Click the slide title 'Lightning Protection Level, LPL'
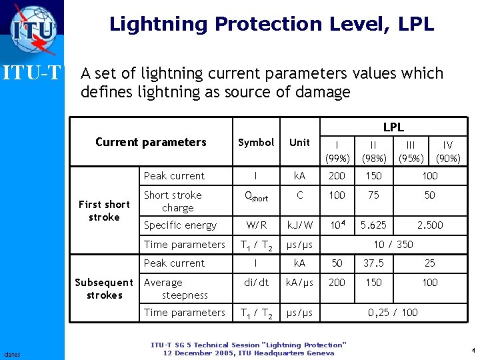(271, 25)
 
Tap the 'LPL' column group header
(393, 127)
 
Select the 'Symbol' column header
(256, 143)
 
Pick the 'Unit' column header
(299, 143)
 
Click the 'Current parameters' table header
(151, 142)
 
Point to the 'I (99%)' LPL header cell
(337, 151)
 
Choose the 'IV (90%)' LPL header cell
(448, 151)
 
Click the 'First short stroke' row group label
(104, 211)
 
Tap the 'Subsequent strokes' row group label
(104, 289)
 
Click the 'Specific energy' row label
(180, 225)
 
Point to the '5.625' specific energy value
(373, 225)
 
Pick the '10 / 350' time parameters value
(393, 245)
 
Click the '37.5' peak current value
(373, 263)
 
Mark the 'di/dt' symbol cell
(256, 283)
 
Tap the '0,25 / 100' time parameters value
(393, 313)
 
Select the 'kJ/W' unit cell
(299, 225)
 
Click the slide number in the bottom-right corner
(472, 351)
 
